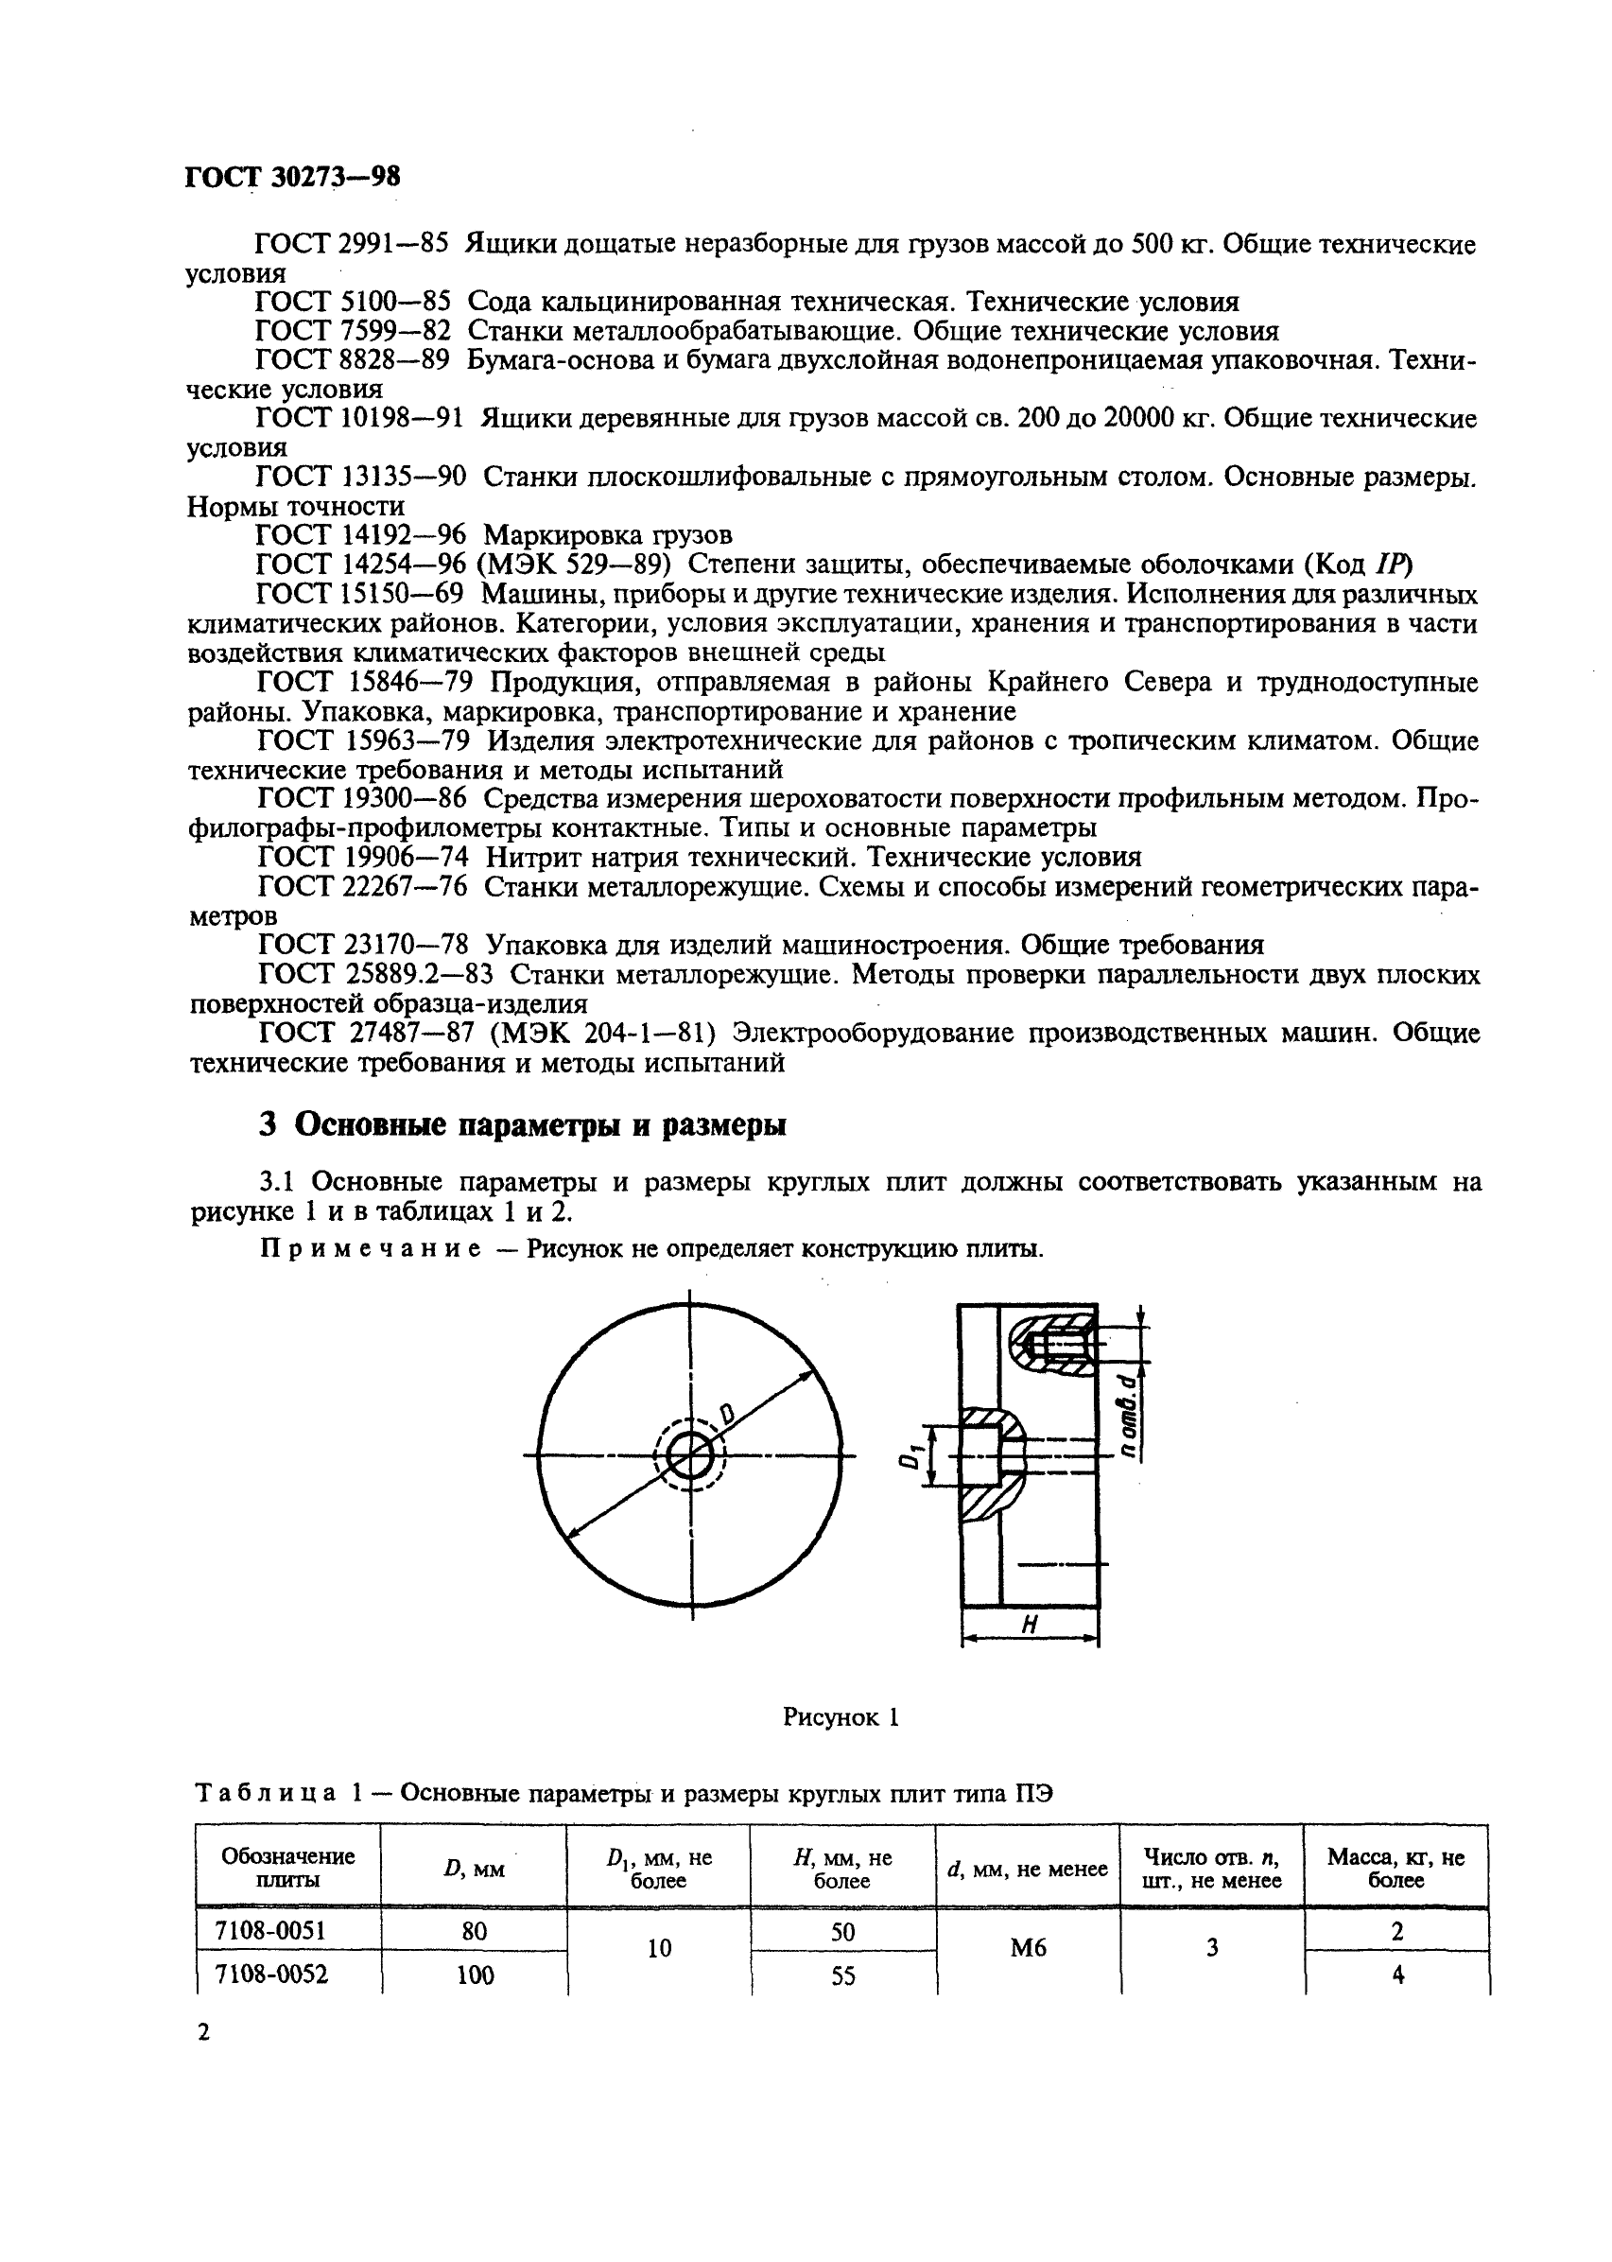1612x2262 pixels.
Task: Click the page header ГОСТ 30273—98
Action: pos(293,177)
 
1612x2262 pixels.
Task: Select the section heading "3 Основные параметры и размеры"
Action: pos(522,1125)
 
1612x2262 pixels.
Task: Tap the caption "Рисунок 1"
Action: pos(841,1717)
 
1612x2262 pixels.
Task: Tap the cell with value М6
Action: pos(1029,1948)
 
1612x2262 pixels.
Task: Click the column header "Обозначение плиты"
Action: pos(287,1868)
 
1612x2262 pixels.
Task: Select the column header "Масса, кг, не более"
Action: pos(1395,1868)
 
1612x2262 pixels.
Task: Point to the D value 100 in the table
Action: pos(475,1975)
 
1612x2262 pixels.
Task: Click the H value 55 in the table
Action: pos(842,1976)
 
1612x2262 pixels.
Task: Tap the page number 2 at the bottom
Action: pos(203,2031)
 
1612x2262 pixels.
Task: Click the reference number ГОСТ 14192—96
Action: pos(360,536)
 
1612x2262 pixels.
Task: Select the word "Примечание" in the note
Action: pos(371,1248)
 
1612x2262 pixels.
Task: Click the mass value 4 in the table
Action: pos(1397,1975)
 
